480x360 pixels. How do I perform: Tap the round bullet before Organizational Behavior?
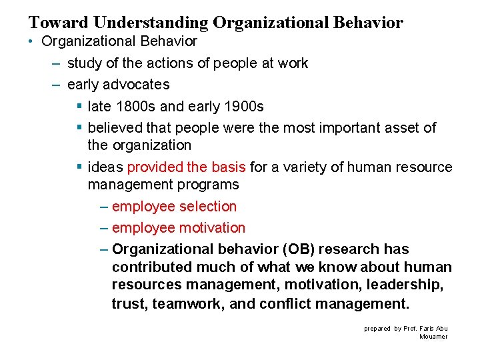[32, 41]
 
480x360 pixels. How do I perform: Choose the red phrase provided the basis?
[186, 167]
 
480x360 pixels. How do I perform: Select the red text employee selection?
[174, 207]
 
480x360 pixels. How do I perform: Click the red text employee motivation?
[178, 228]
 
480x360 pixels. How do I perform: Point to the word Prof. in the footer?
[411, 329]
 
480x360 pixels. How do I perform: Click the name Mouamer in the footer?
[434, 337]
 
